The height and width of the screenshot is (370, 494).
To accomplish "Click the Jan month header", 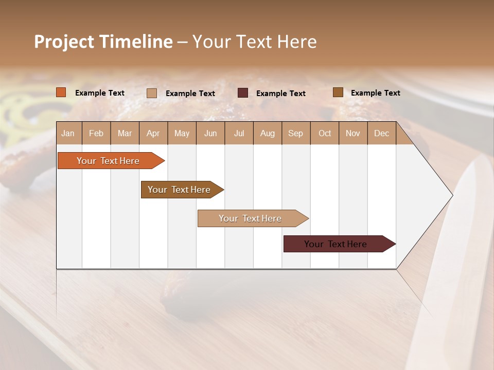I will pos(68,133).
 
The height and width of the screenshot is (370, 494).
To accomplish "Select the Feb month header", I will pos(96,133).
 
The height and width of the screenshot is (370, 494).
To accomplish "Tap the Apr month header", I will pos(153,133).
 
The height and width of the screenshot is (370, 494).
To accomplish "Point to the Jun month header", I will pos(210,133).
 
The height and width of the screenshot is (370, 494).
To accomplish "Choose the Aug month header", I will pos(267,133).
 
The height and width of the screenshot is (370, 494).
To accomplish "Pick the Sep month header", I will pos(295,133).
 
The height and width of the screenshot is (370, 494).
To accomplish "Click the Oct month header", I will pos(325,133).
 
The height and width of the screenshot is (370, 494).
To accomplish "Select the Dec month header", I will pos(381,133).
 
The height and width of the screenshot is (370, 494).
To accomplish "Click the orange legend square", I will pos(61,92).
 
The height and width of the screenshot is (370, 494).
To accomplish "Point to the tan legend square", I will pos(152,93).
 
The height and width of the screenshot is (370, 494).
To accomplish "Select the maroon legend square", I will pos(243,93).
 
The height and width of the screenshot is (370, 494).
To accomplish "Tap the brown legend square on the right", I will pos(338,92).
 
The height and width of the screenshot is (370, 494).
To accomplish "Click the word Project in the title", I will pos(64,42).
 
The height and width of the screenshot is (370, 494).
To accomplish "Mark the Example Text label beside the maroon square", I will pos(280,94).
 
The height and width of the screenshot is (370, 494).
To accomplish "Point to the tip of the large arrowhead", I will pos(452,195).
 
